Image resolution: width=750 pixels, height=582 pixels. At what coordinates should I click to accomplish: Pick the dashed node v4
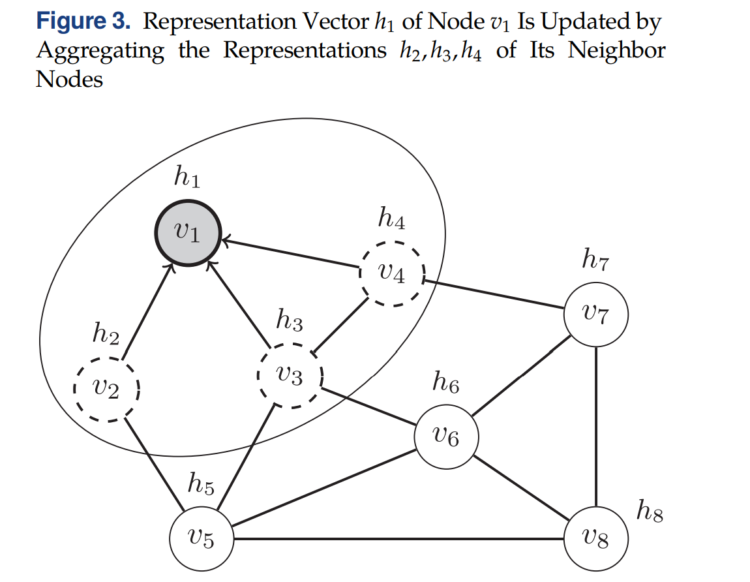[392, 274]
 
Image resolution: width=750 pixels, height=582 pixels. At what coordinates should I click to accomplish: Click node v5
[201, 539]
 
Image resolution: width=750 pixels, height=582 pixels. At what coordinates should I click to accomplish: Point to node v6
[446, 437]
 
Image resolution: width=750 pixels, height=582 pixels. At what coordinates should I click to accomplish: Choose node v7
[595, 315]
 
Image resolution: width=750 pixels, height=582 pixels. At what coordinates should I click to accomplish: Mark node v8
[595, 539]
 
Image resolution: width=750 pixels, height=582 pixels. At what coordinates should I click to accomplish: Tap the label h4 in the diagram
[391, 219]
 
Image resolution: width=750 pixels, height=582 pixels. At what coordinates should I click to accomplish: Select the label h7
[595, 260]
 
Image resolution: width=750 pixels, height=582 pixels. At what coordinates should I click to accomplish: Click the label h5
[200, 483]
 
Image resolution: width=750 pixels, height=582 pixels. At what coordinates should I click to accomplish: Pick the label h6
[445, 382]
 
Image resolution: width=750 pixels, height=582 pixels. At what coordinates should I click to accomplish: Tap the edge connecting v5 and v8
[398, 539]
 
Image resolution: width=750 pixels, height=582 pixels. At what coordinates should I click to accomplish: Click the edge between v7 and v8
[595, 427]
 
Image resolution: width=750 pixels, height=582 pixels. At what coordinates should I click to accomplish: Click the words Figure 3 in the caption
[84, 22]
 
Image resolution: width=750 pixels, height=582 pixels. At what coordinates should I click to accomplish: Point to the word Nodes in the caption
[69, 79]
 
